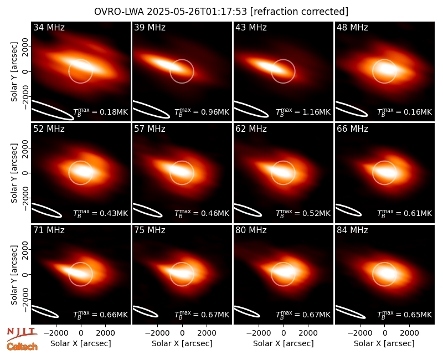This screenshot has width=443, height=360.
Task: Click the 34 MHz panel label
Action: (49, 27)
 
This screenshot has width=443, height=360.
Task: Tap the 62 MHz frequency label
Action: (251, 129)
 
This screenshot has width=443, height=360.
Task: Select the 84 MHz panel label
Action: (352, 230)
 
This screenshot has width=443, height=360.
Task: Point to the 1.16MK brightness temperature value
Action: (316, 112)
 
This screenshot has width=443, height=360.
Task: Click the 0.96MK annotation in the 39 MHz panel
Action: (215, 112)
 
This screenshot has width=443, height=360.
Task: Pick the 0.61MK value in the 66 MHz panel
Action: (418, 214)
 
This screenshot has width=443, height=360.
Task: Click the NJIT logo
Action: (22, 333)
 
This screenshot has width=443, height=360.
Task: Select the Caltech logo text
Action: (22, 347)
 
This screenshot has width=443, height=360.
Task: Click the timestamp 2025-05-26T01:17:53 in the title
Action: (197, 12)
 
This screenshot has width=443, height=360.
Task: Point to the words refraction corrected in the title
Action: (300, 12)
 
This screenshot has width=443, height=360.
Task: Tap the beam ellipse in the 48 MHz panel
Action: (351, 109)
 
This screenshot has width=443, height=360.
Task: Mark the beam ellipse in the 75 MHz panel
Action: (145, 311)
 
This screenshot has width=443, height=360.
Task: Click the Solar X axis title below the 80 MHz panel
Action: (283, 343)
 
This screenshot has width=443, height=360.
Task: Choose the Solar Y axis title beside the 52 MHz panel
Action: (14, 173)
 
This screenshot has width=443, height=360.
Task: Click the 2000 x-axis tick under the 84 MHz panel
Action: (409, 333)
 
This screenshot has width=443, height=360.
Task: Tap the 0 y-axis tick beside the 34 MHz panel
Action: (25, 71)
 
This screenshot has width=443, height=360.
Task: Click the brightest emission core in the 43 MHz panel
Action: (269, 66)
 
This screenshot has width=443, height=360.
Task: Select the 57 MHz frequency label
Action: (150, 129)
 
